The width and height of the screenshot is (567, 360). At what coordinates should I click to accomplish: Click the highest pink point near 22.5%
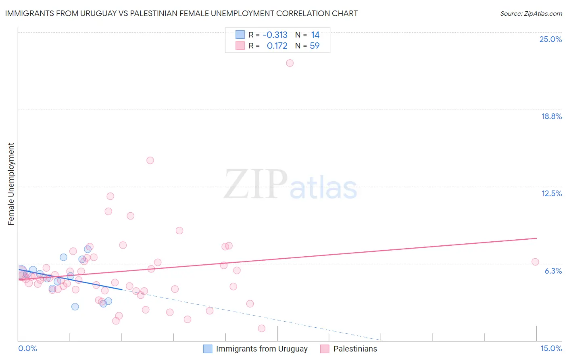point(290,63)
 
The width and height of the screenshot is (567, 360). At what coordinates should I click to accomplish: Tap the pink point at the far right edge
point(535,262)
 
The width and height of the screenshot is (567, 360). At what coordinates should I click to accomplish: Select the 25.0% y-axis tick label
point(550,39)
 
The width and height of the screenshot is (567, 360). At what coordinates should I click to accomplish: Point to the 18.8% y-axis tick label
point(551,116)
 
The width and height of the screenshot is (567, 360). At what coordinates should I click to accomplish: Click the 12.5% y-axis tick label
point(551,193)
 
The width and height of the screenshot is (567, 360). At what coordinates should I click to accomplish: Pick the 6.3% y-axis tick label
point(553,271)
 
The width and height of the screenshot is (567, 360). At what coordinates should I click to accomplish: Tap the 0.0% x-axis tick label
point(27,348)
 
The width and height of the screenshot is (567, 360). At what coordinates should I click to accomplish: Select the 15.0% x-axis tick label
point(551,348)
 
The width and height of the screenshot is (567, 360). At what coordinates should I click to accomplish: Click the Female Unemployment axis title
point(11,184)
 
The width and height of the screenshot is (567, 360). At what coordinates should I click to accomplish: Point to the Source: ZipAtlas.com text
point(531,13)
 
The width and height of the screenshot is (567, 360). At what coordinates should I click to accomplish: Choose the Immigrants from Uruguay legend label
point(262,349)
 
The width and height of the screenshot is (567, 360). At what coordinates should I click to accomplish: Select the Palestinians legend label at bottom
point(355,349)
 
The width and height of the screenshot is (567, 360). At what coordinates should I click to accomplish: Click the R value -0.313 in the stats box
point(275,35)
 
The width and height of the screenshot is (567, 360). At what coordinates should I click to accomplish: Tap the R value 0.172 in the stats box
point(277,46)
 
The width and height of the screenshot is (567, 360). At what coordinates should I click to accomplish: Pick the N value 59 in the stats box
point(315,46)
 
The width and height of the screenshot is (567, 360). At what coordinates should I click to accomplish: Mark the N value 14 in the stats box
point(315,35)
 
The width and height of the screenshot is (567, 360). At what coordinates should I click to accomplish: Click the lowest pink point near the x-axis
point(261,329)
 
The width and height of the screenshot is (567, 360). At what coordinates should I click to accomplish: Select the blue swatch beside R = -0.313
point(240,35)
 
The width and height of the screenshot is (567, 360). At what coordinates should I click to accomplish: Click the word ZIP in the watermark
point(256,185)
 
